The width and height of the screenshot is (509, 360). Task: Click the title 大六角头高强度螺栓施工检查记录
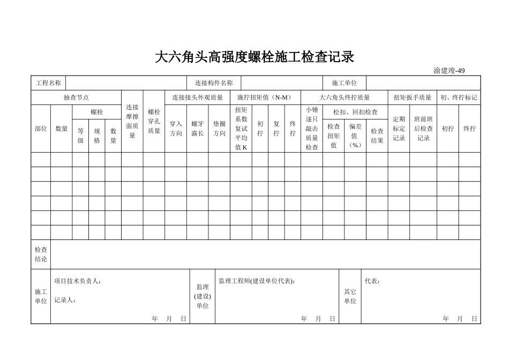(x=254, y=57)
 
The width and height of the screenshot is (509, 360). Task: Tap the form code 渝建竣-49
(x=449, y=71)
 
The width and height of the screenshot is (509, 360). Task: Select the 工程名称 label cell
(x=48, y=83)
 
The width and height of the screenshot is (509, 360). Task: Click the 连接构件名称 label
(x=214, y=83)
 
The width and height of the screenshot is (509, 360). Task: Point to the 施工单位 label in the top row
(x=345, y=83)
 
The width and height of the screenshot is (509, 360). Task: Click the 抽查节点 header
(x=76, y=97)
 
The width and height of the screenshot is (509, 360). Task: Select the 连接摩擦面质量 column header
(x=132, y=122)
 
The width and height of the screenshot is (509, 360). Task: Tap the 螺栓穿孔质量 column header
(x=154, y=122)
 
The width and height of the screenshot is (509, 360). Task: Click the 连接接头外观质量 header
(x=197, y=97)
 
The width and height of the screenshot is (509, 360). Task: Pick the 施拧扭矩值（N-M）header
(x=265, y=97)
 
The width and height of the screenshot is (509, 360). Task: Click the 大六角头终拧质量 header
(x=345, y=97)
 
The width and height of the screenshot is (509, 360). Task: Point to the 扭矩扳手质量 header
(x=412, y=97)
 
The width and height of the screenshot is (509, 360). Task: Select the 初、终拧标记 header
(x=459, y=97)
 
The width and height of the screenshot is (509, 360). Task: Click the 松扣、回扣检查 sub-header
(x=355, y=112)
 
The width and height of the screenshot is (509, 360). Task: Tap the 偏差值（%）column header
(x=355, y=135)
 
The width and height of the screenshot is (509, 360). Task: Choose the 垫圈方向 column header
(x=219, y=129)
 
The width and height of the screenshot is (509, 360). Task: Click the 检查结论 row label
(x=41, y=254)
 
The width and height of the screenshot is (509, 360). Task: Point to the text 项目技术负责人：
(x=78, y=281)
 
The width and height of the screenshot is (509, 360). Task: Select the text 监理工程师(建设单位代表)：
(x=257, y=281)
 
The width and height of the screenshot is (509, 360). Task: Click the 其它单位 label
(x=350, y=296)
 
